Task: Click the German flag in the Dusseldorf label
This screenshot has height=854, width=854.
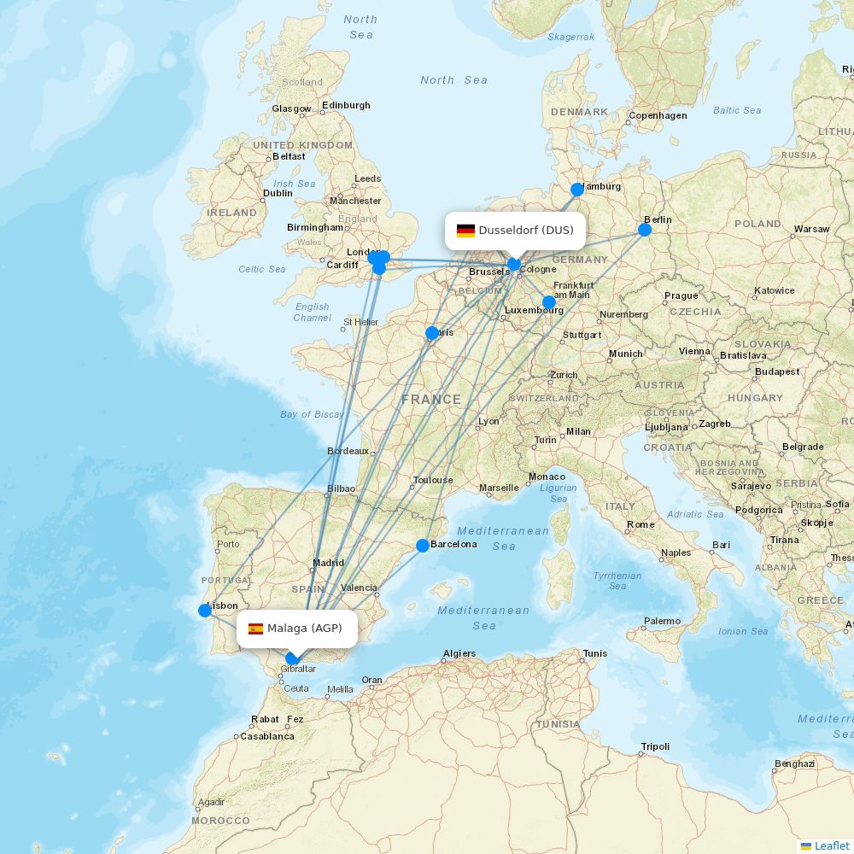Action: pos(465,231)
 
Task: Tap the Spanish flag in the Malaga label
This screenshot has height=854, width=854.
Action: pos(255,629)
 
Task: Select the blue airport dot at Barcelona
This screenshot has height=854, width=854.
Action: pos(423,546)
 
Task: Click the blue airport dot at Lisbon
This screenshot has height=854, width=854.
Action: pos(205,610)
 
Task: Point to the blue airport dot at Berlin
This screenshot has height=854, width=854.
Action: pos(645,229)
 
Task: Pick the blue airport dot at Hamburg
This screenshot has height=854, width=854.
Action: pos(577,190)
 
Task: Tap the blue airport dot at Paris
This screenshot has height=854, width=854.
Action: pos(432,333)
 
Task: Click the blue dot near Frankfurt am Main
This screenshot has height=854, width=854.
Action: pos(549,302)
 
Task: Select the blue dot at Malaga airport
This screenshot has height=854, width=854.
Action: pos(292,658)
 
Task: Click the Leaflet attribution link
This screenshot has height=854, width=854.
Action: pos(831,845)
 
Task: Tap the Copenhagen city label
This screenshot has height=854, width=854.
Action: pos(658,115)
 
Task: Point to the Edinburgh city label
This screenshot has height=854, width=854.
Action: pos(346,105)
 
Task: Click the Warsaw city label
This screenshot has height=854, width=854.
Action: pos(811,229)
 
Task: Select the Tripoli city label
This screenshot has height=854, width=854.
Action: pos(655,746)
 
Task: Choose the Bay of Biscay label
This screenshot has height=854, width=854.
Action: pos(312,414)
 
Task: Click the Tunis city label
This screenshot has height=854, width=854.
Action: pos(595,653)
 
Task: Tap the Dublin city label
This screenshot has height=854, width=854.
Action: pos(278,193)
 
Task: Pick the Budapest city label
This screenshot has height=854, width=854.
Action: pos(777,371)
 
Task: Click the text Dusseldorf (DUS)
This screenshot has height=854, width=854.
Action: pos(526,231)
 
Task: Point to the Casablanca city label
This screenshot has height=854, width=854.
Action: pos(267,736)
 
